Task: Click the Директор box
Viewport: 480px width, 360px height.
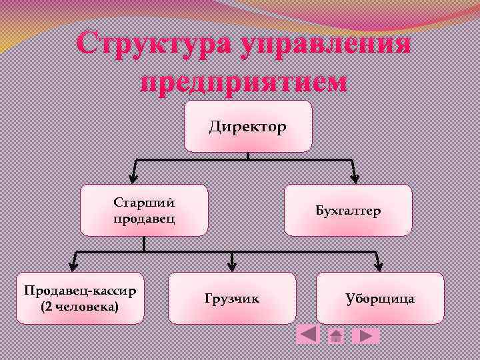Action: tap(248, 127)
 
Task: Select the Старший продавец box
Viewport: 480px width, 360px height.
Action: tap(144, 211)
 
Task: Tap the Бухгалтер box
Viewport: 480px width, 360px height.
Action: tap(348, 211)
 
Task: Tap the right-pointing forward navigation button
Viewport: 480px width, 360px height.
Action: tap(365, 335)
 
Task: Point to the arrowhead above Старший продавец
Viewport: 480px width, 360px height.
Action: tap(134, 177)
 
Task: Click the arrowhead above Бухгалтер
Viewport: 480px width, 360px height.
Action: tap(355, 177)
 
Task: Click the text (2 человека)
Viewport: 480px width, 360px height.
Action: tap(80, 307)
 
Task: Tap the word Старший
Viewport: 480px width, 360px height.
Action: tap(144, 203)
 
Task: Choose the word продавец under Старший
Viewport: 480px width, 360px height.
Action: tap(144, 219)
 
